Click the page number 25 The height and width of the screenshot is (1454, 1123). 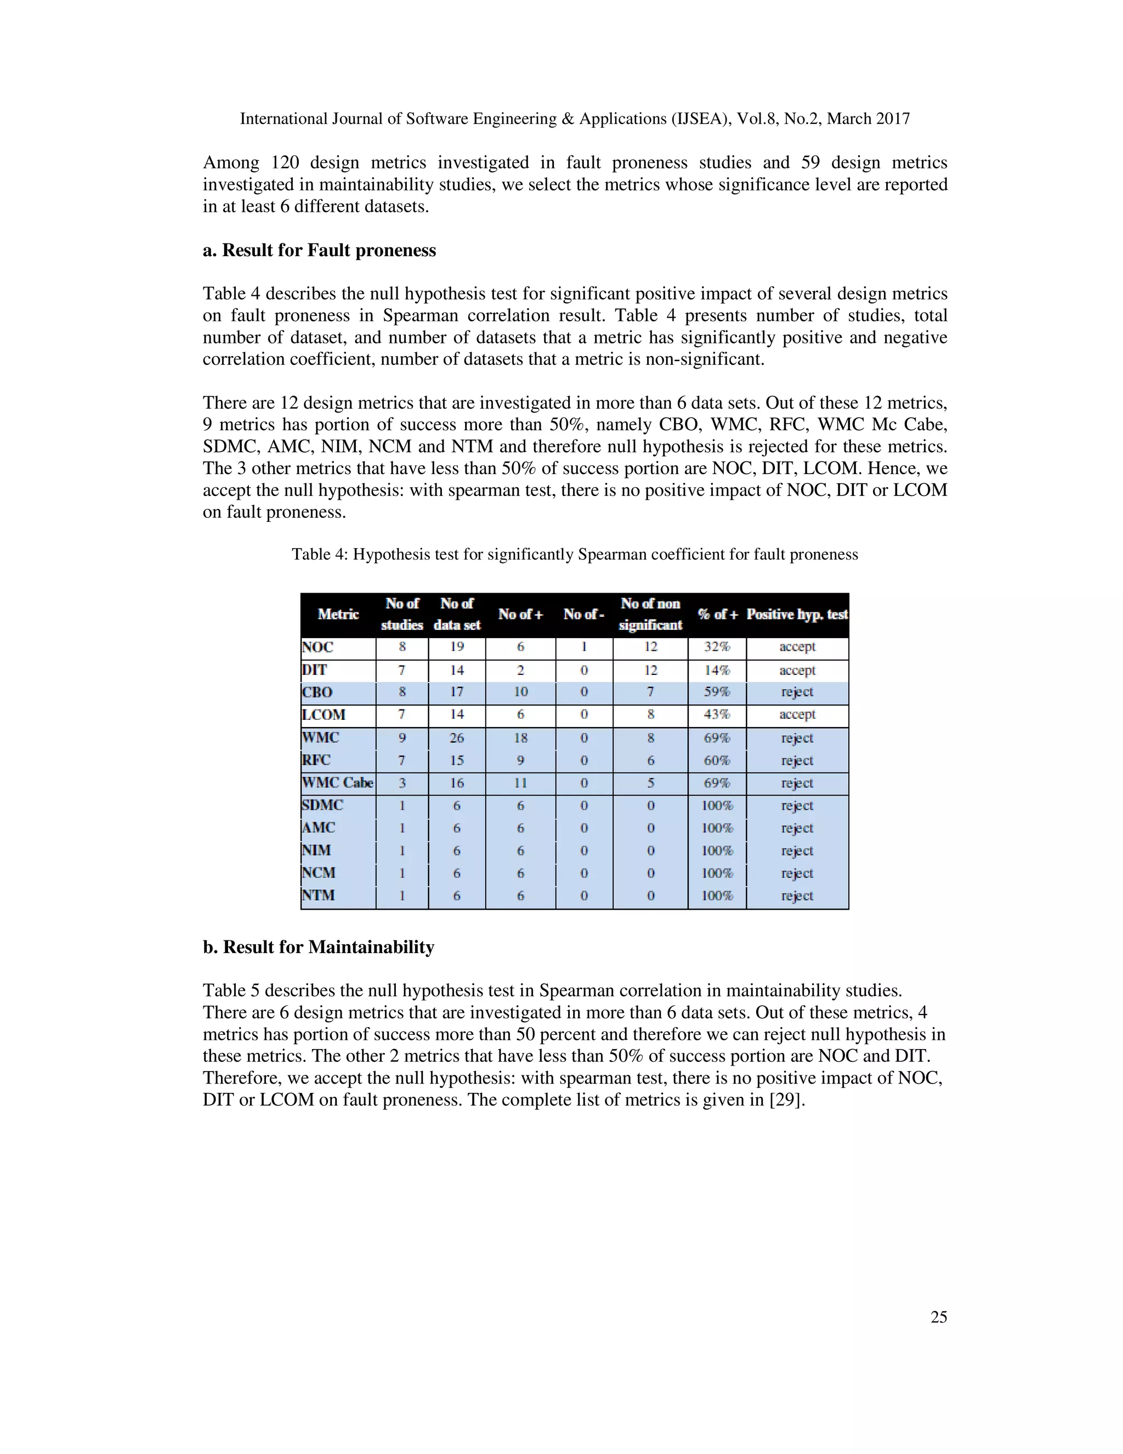coord(938,1317)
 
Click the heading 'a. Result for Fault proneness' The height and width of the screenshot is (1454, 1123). coord(319,250)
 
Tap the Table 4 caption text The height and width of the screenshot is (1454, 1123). coord(575,554)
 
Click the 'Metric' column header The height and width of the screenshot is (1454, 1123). coord(338,615)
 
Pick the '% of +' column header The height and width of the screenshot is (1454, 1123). coord(717,615)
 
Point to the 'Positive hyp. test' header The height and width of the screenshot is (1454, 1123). coord(797,615)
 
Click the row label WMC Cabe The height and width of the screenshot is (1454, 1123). coord(337,783)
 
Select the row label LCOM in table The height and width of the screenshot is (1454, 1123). coord(324,715)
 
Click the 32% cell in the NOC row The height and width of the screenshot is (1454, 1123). coord(717,646)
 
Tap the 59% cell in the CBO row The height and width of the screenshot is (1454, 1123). coord(717,692)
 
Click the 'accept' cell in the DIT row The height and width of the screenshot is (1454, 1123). coord(797,670)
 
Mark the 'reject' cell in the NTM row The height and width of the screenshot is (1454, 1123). coord(797,895)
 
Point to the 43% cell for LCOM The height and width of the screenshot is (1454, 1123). coord(717,714)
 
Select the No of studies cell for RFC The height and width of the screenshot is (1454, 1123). coord(402,760)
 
